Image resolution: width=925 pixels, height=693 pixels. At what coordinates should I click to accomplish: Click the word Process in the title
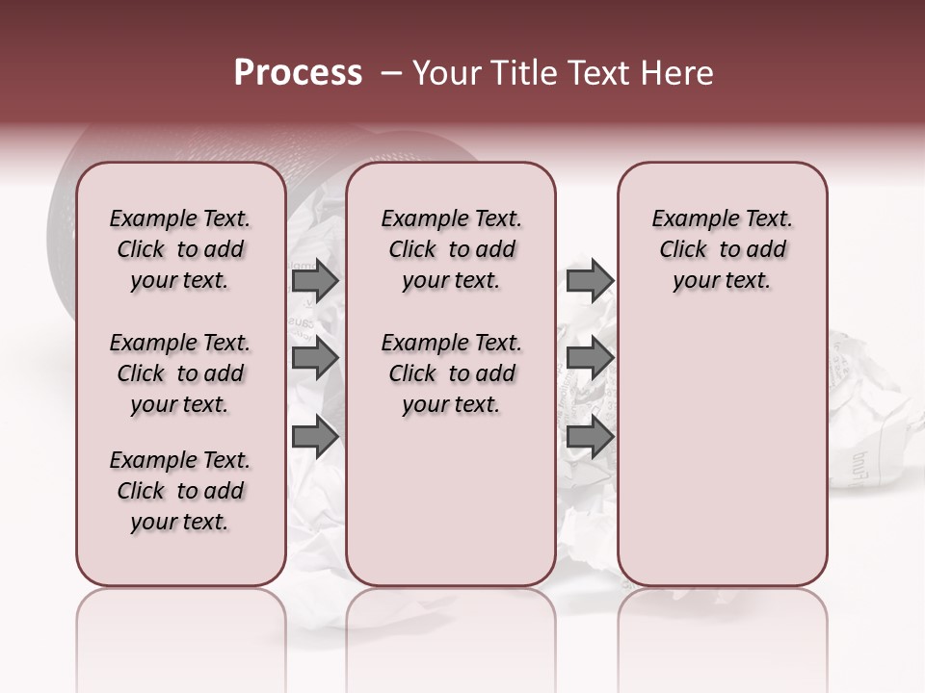[298, 73]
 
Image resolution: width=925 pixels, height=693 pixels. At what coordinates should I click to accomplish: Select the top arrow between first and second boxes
[314, 280]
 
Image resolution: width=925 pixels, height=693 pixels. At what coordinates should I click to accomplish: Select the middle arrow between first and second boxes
[314, 359]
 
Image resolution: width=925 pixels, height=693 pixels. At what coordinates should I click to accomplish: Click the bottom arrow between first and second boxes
[314, 437]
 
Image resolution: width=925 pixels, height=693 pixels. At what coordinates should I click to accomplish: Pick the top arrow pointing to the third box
[590, 280]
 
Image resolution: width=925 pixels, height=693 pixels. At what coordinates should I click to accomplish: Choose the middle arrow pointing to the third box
[590, 359]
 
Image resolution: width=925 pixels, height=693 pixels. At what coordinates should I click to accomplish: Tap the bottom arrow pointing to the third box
[590, 437]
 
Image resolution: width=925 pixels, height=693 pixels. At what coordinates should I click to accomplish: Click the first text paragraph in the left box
[180, 249]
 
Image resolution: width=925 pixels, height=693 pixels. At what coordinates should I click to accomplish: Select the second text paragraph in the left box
[180, 373]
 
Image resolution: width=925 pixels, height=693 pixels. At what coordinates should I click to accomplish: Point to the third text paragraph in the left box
[180, 491]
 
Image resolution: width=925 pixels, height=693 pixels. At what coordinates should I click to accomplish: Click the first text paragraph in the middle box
[451, 249]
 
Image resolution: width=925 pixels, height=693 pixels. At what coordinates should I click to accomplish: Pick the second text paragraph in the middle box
[451, 373]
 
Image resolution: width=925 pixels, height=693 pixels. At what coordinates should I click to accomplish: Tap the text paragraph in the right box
[722, 249]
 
